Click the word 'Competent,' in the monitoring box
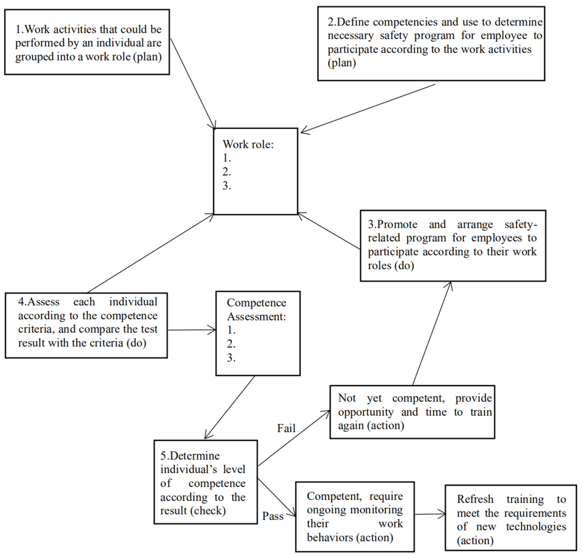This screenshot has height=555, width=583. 330,496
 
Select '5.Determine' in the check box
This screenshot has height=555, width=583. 190,456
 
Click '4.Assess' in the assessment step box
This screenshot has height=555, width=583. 39,302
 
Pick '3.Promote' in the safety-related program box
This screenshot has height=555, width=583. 392,224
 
